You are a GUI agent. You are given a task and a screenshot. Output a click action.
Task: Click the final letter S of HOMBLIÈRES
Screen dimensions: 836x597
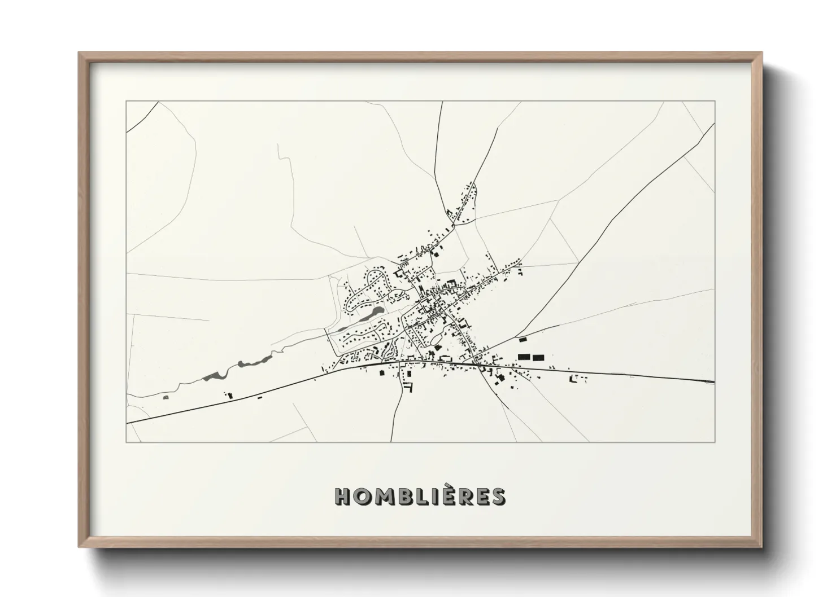(x=497, y=496)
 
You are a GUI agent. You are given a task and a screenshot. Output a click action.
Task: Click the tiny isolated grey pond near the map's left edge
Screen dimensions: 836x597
(x=166, y=398)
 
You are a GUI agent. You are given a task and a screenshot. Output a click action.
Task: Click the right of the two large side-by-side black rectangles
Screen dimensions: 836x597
(x=538, y=357)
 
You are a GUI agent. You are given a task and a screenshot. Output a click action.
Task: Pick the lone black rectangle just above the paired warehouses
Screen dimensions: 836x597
(x=522, y=339)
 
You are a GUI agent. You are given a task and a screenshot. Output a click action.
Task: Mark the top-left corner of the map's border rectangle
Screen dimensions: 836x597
(x=127, y=102)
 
